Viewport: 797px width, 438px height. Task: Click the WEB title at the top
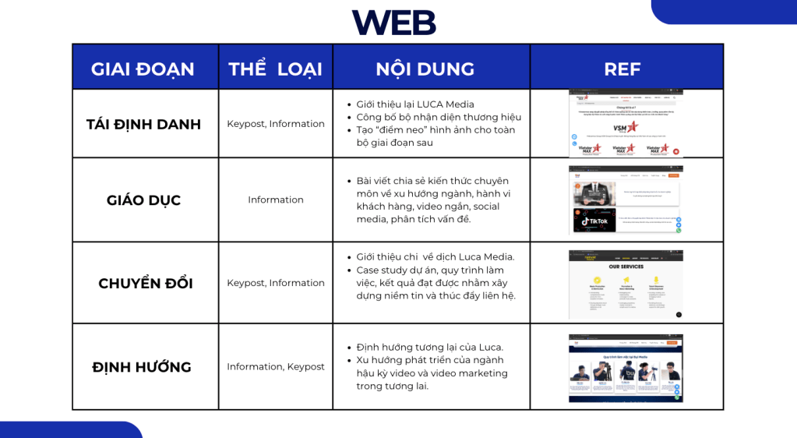pos(393,22)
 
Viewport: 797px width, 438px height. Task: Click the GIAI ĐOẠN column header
pos(143,69)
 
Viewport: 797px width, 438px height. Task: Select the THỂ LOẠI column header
pos(275,69)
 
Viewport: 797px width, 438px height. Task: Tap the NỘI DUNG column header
pos(425,69)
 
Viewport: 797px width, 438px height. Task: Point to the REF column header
pos(622,69)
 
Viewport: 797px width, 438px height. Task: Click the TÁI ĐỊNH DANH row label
pos(143,124)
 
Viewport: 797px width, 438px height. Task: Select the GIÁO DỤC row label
pos(143,200)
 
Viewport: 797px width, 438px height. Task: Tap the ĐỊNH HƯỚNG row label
pos(141,367)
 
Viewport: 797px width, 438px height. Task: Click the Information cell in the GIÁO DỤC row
pos(276,200)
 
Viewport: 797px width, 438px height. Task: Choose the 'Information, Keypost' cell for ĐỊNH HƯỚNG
pos(276,366)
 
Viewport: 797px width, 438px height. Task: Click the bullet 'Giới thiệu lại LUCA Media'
pos(415,104)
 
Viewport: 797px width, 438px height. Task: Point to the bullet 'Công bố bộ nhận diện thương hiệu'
pos(439,117)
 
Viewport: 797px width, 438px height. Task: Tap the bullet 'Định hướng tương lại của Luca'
pos(429,347)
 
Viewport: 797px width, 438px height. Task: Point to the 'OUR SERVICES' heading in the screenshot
pos(626,267)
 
